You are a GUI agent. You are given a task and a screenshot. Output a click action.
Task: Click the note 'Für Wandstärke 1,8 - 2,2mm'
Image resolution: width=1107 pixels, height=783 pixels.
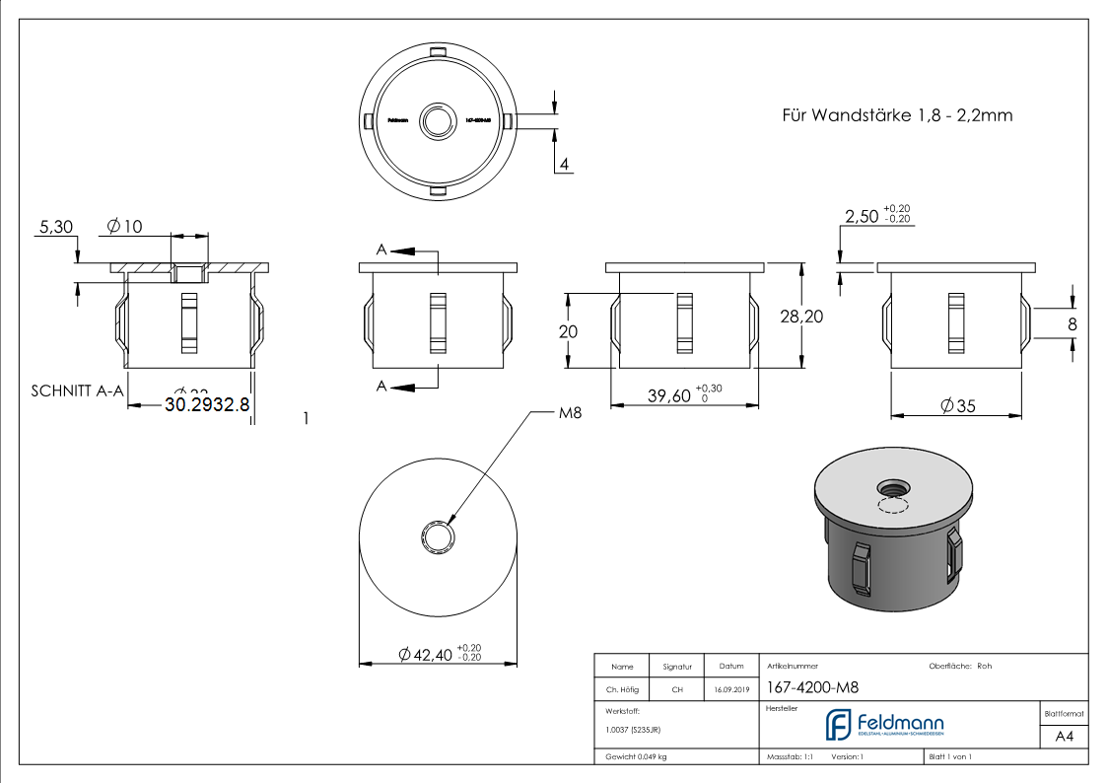(897, 115)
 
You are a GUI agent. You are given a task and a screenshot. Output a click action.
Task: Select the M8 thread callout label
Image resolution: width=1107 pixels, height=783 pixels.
(570, 414)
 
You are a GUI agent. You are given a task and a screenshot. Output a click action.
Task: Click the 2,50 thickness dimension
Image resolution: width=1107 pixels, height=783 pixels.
(862, 217)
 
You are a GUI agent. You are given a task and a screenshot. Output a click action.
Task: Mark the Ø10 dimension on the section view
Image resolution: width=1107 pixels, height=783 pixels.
(123, 227)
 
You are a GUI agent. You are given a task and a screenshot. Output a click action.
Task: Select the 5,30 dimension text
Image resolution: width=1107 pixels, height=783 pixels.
(56, 227)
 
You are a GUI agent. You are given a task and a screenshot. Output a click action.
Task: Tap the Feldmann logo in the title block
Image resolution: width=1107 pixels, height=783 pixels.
(884, 725)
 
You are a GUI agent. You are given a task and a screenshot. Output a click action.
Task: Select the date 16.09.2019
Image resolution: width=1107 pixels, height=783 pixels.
(731, 690)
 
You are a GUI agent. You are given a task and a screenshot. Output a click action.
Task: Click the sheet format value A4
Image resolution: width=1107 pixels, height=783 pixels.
(1064, 737)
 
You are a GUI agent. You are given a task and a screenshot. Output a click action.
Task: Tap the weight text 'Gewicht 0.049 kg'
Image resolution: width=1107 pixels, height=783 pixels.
(637, 757)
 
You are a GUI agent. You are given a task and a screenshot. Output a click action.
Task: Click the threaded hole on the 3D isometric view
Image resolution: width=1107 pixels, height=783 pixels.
(895, 487)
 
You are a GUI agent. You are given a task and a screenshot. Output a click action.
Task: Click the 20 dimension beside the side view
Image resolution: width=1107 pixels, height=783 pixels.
(568, 332)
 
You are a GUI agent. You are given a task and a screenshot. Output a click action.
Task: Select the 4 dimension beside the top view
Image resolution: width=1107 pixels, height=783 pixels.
(564, 164)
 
